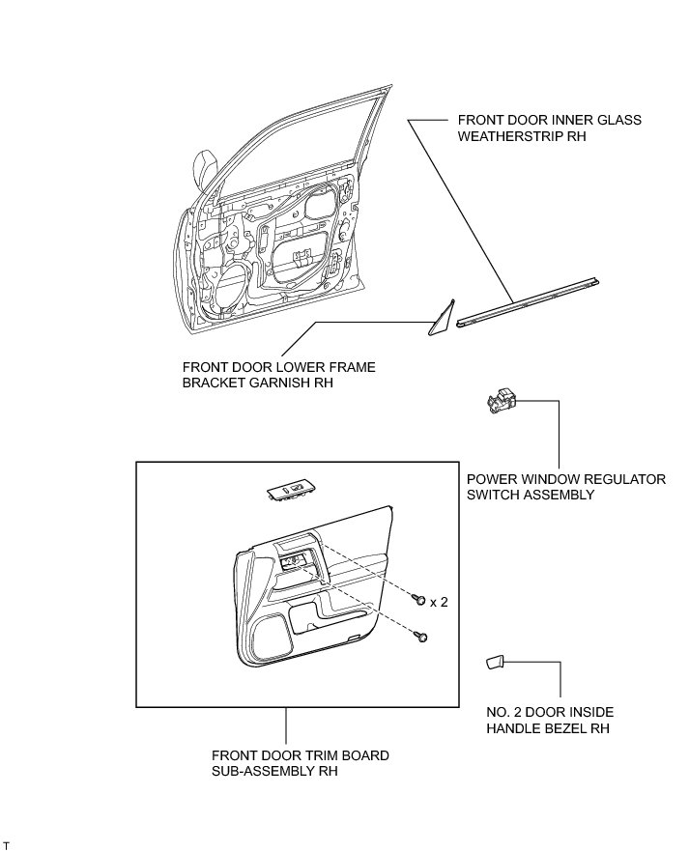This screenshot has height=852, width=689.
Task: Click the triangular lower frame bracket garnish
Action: coord(442,320)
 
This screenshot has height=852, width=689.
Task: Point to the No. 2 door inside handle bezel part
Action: coord(494,663)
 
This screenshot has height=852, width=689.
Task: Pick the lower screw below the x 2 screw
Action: coord(422,636)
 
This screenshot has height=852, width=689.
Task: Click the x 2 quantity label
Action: coord(439,602)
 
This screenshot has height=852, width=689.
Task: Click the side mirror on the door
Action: coord(206,169)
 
